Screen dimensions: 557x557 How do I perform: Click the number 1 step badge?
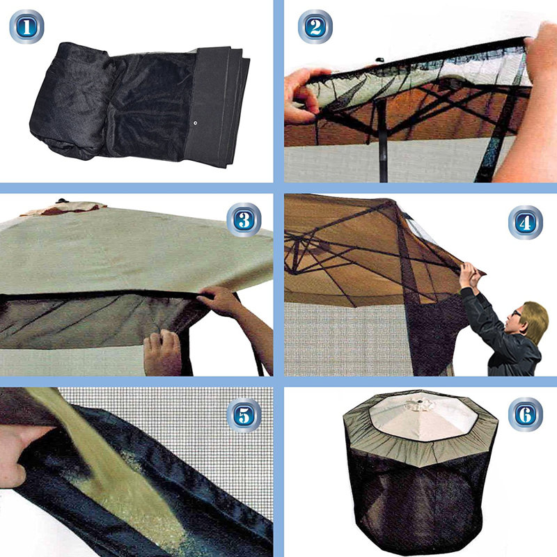click(26, 26)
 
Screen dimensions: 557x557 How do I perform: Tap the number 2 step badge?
click(315, 26)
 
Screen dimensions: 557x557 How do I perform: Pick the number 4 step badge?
click(524, 222)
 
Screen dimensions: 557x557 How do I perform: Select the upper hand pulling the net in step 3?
click(219, 301)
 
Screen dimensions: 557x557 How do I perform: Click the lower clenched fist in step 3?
click(162, 352)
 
